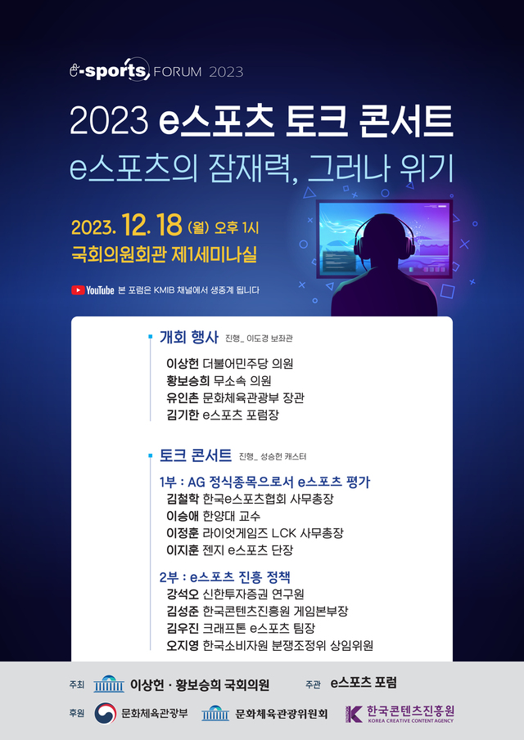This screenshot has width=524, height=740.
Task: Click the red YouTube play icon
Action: [78, 290]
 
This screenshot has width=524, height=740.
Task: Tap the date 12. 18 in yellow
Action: [151, 226]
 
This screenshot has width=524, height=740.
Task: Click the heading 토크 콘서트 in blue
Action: [196, 455]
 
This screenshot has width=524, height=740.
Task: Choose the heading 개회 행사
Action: [189, 338]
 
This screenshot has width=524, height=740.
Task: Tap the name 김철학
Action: [183, 499]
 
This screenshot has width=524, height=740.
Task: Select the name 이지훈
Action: [183, 549]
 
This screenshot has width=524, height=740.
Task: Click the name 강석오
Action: [183, 594]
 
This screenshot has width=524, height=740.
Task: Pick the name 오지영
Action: [183, 645]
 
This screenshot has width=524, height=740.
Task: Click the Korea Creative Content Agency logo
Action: [400, 714]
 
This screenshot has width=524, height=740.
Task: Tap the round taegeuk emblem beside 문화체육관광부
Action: [105, 714]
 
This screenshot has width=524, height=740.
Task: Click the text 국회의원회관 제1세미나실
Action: [164, 255]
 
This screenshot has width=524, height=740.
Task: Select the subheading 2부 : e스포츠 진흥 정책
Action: [225, 576]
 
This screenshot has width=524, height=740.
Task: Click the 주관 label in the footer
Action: [313, 684]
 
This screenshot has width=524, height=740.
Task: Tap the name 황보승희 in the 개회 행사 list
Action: [188, 381]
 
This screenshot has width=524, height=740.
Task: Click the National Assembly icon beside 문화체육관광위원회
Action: [215, 714]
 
